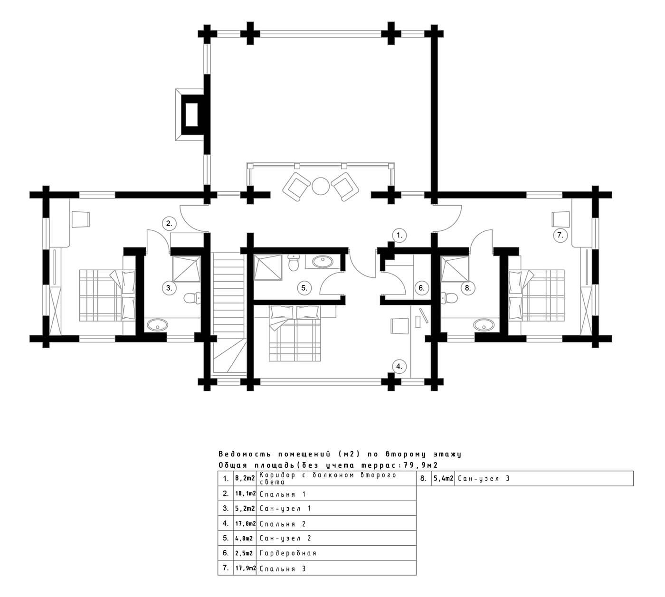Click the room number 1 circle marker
(x=399, y=235)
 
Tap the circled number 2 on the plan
(x=169, y=224)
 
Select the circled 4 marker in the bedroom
(x=399, y=366)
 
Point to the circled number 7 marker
(x=560, y=235)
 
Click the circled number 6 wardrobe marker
(x=421, y=288)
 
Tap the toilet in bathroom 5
(x=293, y=263)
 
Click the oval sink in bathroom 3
(x=158, y=325)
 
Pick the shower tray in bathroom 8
(x=455, y=269)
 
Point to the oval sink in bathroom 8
(x=484, y=325)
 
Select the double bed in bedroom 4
(x=294, y=333)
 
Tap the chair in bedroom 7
(x=560, y=219)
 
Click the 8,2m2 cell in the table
(x=245, y=479)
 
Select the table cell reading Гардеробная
(x=336, y=553)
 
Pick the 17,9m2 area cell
(x=245, y=568)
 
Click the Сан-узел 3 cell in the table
(x=543, y=479)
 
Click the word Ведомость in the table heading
(x=245, y=454)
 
